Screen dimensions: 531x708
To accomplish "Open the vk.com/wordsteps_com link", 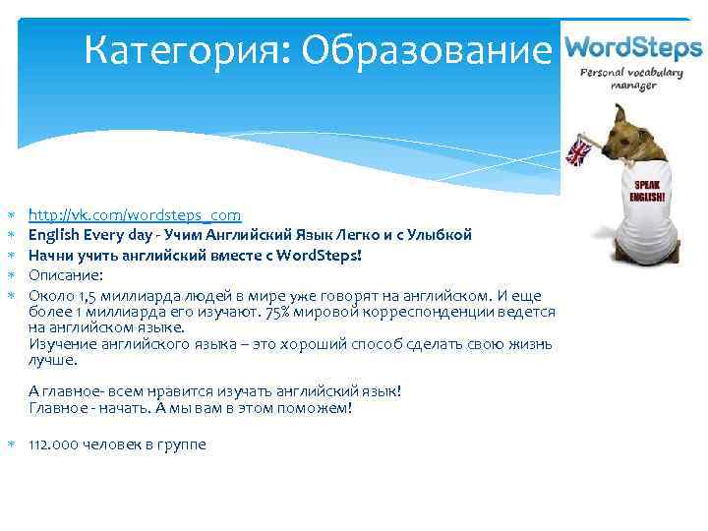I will (x=134, y=214).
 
